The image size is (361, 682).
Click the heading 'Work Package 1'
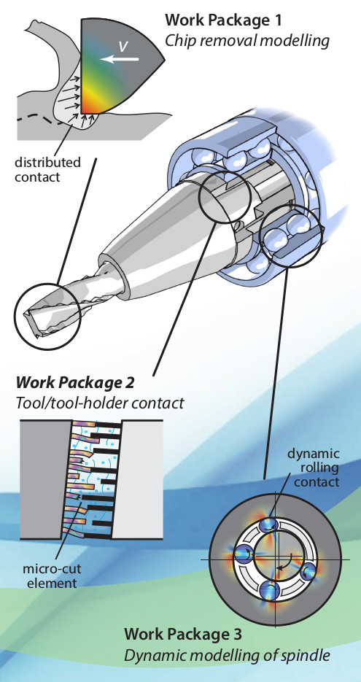223,20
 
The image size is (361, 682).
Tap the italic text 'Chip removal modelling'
247,42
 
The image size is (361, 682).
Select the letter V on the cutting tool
123,46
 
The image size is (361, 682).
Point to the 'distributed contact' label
48,169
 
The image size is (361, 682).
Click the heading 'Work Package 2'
75,383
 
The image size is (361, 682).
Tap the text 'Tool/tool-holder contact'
100,403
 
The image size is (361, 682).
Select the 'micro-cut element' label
52,576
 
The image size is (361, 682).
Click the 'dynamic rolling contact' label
313,468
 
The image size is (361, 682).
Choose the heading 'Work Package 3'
182,634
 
